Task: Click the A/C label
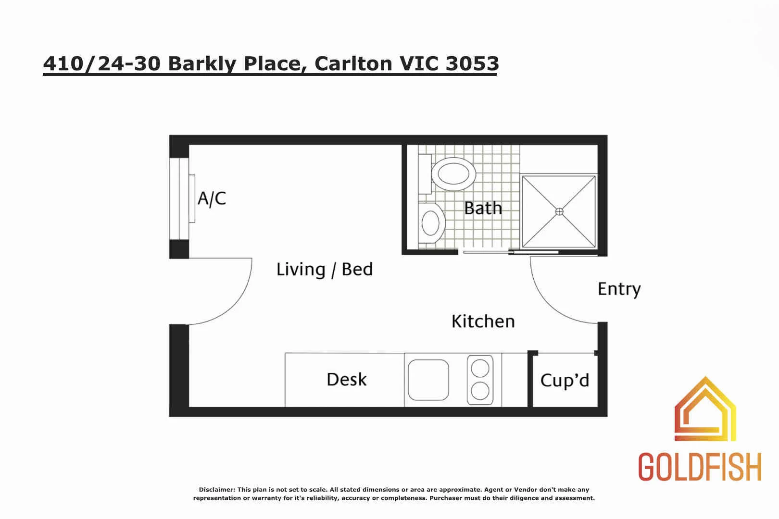[x=212, y=198]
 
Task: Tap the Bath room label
[x=483, y=208]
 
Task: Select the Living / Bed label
[x=325, y=270]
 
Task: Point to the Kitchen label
[x=483, y=321]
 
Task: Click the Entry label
[x=619, y=289]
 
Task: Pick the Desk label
[x=346, y=379]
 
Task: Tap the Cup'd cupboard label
[x=565, y=380]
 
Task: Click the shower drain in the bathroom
[x=559, y=211]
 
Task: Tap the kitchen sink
[x=428, y=380]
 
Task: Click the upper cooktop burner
[x=480, y=369]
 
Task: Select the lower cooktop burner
[x=480, y=391]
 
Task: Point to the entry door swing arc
[x=548, y=303]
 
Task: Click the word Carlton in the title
[x=353, y=63]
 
